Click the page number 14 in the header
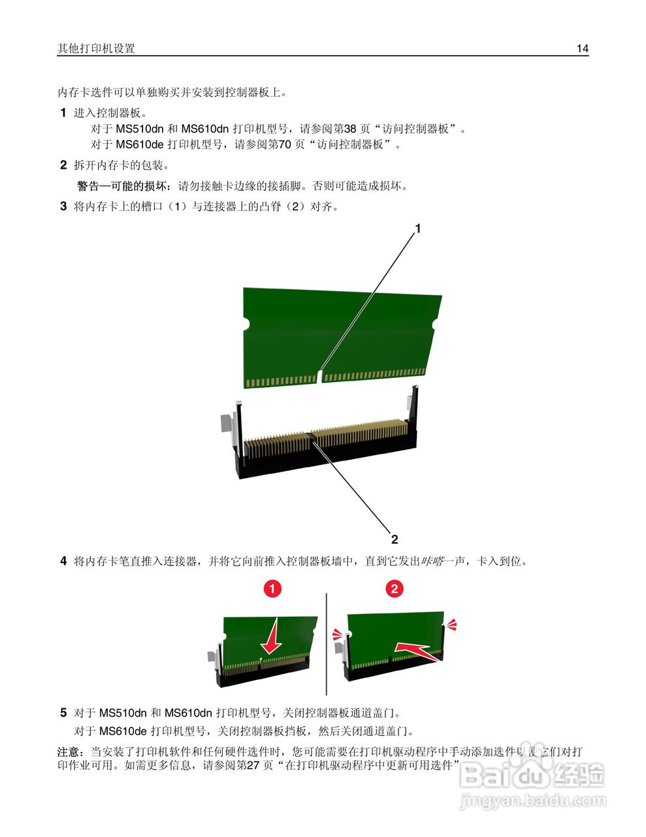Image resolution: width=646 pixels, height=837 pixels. pos(582,48)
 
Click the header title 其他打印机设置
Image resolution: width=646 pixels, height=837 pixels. pos(96,48)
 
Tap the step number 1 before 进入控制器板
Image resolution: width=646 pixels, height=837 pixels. pos(63,112)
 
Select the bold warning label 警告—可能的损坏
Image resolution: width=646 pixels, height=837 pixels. pos(125,186)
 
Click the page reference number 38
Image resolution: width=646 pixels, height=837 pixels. pos(350,129)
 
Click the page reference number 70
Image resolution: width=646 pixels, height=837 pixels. pos(285,145)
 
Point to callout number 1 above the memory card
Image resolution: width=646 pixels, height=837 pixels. pos(418,228)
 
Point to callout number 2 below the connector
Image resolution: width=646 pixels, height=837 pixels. pos(395,539)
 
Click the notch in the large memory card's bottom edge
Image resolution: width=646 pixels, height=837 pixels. pos(319,377)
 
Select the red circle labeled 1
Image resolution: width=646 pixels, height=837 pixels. pos(272,589)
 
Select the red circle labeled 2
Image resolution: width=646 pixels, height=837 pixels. pos(394,589)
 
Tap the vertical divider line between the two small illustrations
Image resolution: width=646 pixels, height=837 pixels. pos(326,644)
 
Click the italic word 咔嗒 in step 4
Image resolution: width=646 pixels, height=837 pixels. pos(431,561)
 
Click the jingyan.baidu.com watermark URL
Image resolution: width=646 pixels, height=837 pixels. pos(533,800)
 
